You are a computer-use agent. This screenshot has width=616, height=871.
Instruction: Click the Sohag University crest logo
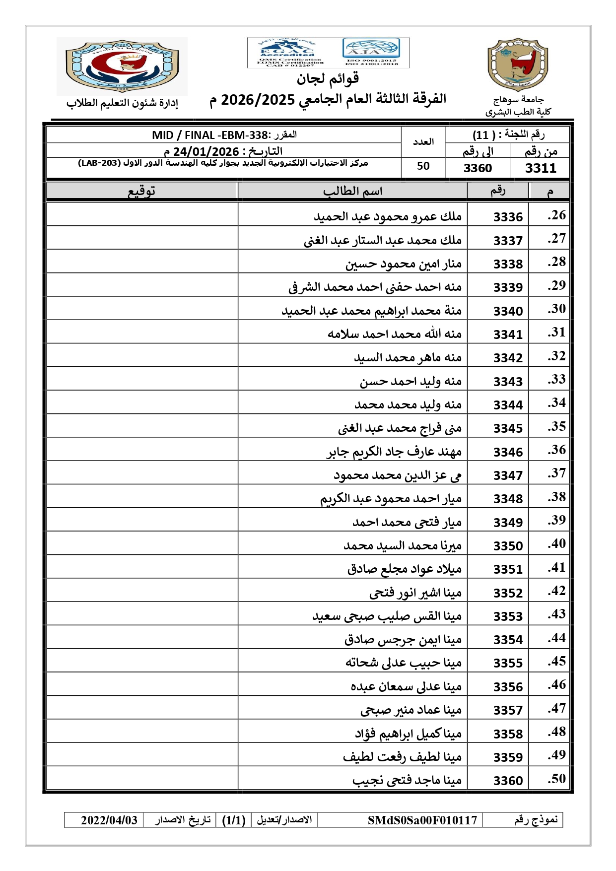tap(518, 65)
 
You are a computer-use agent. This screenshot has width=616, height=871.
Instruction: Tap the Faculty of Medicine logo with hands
tap(122, 66)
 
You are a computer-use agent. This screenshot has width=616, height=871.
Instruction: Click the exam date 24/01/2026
tap(206, 151)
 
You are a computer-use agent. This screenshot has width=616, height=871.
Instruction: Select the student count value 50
tap(423, 166)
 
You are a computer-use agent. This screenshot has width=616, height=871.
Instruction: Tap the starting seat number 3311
tap(541, 168)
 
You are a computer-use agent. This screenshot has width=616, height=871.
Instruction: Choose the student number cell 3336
tap(508, 217)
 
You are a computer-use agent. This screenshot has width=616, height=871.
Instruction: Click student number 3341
tap(508, 335)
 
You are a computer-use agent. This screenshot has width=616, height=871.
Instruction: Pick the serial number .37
tap(556, 473)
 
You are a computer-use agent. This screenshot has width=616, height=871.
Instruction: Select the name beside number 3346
tap(394, 452)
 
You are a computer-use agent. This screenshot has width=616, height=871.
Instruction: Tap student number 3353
tap(508, 616)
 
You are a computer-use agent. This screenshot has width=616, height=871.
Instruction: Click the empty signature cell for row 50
tap(142, 778)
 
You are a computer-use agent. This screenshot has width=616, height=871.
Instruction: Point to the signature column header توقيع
tap(142, 191)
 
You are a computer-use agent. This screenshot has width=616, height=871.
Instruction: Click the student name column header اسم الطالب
tap(352, 191)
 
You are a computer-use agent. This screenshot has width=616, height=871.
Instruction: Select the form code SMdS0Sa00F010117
tap(422, 820)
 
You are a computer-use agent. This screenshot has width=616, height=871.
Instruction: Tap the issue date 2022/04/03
tap(109, 820)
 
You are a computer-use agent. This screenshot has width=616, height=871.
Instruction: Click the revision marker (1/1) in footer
tap(234, 820)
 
